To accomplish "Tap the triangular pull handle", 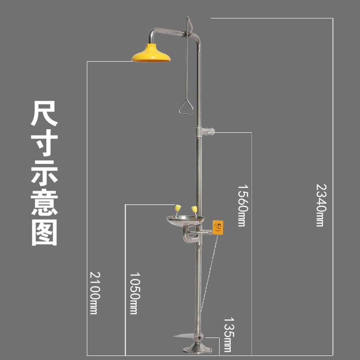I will pyautogui.click(x=185, y=108).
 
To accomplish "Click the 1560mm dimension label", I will pyautogui.click(x=242, y=205).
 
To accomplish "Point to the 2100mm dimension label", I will pyautogui.click(x=94, y=292).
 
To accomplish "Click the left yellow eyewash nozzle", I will pyautogui.click(x=178, y=208).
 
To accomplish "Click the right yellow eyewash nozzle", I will pyautogui.click(x=194, y=209).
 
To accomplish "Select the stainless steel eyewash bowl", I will pyautogui.click(x=185, y=221).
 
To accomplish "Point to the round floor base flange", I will pyautogui.click(x=196, y=349).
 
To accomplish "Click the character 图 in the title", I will pyautogui.click(x=44, y=233).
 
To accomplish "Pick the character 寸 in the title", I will pyautogui.click(x=44, y=144).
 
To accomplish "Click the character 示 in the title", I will pyautogui.click(x=44, y=173).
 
